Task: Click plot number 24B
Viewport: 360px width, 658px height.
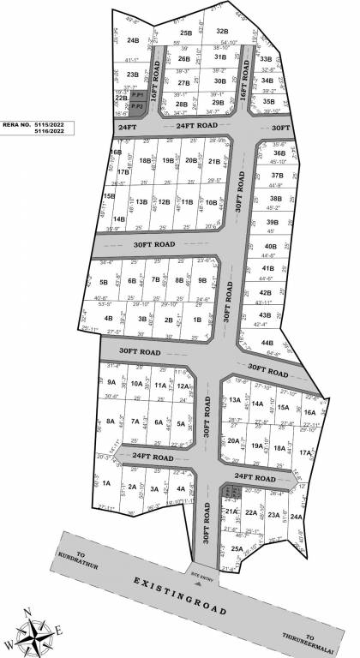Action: click(x=133, y=40)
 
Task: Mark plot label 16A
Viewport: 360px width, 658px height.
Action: click(x=309, y=413)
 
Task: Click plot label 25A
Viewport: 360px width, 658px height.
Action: click(x=237, y=549)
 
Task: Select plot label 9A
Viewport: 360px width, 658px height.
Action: click(x=111, y=383)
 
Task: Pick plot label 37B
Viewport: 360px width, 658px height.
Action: click(x=277, y=175)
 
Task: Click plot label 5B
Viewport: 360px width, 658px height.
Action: click(x=104, y=282)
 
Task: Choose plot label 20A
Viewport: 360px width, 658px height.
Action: click(x=232, y=441)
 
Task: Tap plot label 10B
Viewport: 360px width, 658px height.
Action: click(x=210, y=202)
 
